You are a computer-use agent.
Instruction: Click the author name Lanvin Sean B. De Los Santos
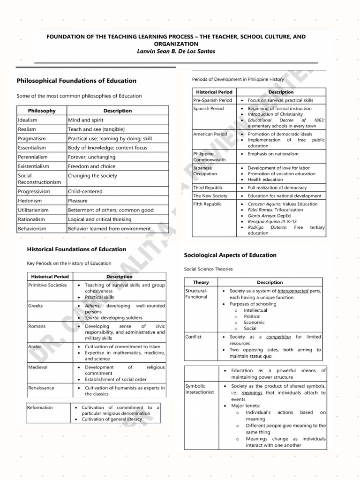(176, 51)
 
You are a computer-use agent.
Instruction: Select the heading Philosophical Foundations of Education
(76, 81)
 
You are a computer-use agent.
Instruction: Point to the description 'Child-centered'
(85, 191)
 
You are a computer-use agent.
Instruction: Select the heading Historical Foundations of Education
(76, 249)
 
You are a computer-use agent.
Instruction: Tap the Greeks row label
(36, 306)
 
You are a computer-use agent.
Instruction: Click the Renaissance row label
(41, 388)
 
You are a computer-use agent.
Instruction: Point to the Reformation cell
(40, 407)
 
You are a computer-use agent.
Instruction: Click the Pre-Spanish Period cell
(212, 100)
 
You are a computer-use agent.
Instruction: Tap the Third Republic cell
(208, 187)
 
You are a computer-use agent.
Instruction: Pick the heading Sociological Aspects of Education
(230, 255)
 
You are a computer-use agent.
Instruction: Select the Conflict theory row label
(194, 337)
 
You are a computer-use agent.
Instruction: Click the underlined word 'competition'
(278, 337)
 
